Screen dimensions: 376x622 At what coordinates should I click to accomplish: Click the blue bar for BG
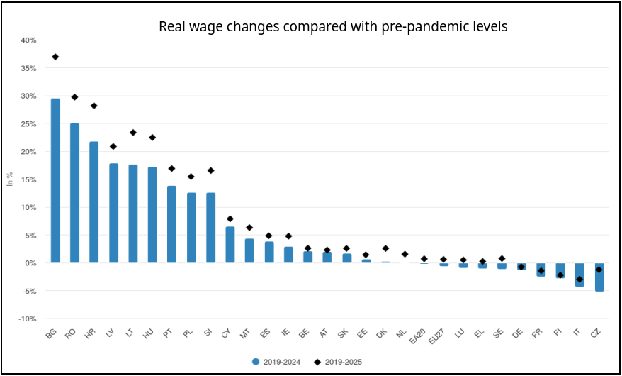55,180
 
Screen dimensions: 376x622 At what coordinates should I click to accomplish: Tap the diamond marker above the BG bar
55,57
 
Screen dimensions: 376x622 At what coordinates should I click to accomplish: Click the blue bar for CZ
599,277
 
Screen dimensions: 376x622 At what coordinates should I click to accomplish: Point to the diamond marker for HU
152,138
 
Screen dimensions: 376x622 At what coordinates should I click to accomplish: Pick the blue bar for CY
230,245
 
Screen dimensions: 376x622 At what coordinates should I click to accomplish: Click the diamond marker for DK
385,248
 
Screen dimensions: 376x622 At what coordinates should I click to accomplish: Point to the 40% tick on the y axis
28,40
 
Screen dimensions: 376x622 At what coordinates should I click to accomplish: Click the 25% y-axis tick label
28,124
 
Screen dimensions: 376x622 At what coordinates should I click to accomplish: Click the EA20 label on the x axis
421,336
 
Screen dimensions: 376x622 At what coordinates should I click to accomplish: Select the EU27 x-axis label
441,336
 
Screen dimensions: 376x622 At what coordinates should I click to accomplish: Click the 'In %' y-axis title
10,179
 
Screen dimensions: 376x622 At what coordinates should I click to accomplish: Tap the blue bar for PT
171,224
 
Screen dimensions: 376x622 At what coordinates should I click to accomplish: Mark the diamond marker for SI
210,170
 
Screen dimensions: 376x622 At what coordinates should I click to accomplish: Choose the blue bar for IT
579,275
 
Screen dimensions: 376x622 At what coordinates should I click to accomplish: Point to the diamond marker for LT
133,133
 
